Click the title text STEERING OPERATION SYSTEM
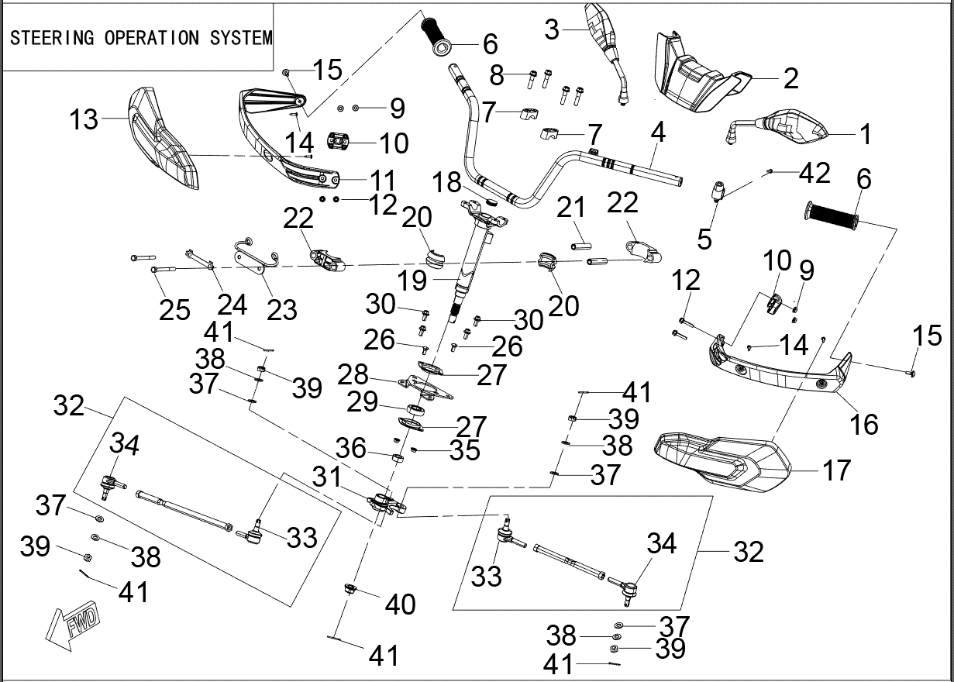(140, 38)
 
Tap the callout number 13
(84, 120)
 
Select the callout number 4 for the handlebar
(658, 133)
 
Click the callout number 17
(835, 470)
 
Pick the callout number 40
(400, 604)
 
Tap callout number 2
(790, 78)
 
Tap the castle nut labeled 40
(350, 591)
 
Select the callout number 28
(353, 375)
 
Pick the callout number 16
(864, 424)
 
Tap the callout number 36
(351, 447)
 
